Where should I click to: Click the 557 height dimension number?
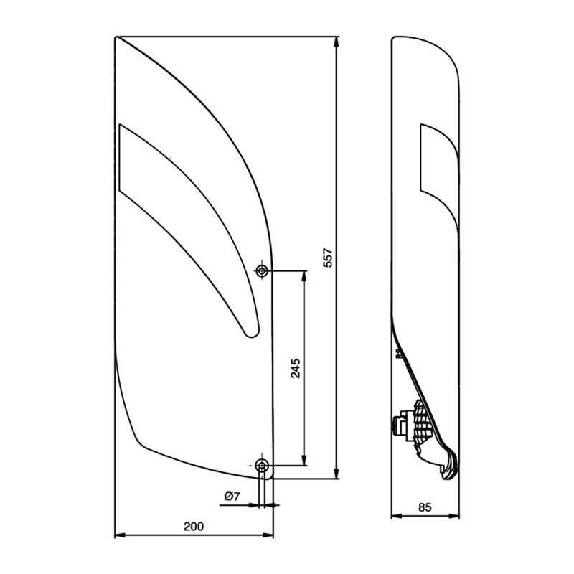pos(328,258)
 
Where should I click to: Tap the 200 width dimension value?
pos(194,526)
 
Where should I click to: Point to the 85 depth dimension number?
pos(424,507)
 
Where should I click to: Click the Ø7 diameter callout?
pos(231,496)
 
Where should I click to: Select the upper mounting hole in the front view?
pos(263,270)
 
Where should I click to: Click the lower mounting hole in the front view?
pos(263,466)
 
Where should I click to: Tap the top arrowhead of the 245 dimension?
pos(305,276)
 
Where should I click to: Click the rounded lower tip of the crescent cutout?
pos(248,331)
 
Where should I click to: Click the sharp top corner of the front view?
pos(116,37)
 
